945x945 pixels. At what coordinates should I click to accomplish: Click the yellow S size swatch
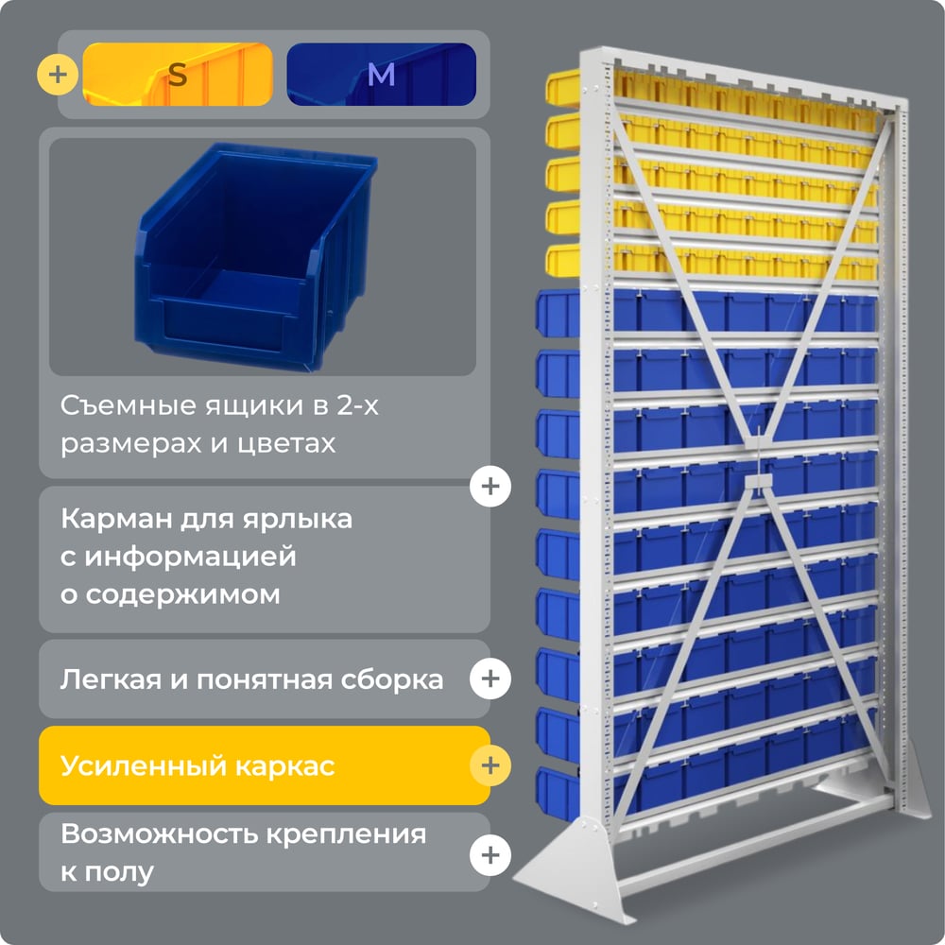click(178, 74)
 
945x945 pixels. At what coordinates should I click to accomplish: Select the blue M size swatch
click(381, 74)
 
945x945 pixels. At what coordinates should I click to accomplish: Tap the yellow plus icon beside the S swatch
click(58, 75)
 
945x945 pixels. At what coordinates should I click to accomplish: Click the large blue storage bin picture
click(255, 257)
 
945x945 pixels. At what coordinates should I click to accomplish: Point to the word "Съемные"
click(129, 405)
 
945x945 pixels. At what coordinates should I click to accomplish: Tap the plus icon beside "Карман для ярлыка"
click(490, 486)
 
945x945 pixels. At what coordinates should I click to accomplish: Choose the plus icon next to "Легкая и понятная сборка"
click(490, 679)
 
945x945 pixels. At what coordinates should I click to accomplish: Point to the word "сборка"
click(392, 679)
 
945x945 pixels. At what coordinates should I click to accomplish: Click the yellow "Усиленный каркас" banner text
click(198, 766)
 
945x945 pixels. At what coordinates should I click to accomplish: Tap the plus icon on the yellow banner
click(490, 765)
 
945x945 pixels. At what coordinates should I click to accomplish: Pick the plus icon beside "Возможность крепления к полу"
click(490, 855)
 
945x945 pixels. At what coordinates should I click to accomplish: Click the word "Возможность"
click(159, 834)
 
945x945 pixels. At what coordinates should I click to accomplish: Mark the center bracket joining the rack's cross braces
click(758, 481)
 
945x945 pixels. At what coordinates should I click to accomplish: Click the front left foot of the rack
click(576, 868)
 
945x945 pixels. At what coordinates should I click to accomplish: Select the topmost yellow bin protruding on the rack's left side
click(563, 88)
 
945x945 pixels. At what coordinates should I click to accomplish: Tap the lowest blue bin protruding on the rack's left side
click(558, 793)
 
